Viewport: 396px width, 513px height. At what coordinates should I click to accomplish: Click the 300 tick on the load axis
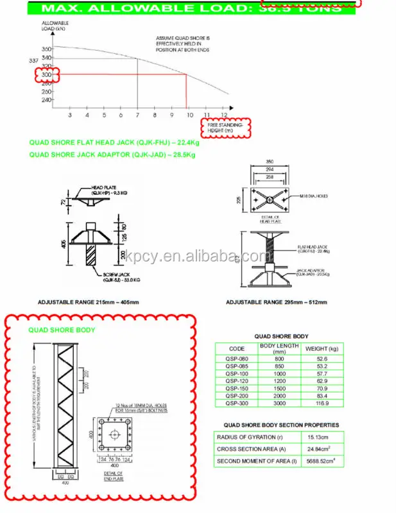click(46, 74)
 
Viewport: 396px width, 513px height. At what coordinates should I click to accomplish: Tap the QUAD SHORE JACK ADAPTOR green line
click(112, 155)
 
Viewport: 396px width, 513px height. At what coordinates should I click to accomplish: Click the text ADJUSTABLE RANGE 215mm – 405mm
click(89, 302)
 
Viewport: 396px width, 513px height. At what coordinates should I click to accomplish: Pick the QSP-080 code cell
click(236, 359)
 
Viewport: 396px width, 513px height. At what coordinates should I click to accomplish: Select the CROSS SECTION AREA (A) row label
click(247, 449)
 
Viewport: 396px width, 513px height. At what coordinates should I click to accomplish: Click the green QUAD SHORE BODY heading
click(62, 330)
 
